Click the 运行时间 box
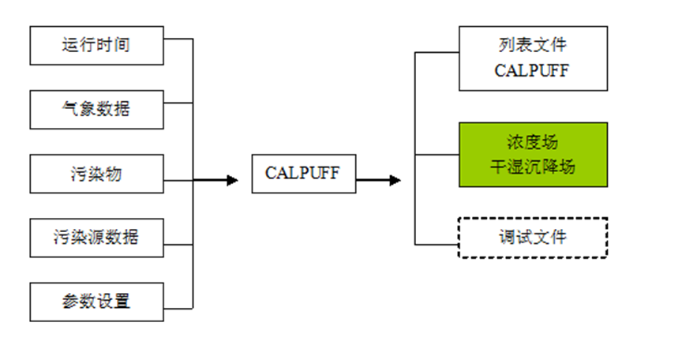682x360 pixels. click(x=96, y=46)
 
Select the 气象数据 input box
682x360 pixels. click(x=96, y=110)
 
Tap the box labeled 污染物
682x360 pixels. click(x=96, y=174)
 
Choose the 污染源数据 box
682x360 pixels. click(x=96, y=238)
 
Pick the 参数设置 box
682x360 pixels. click(x=96, y=302)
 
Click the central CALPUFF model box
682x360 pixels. click(x=303, y=174)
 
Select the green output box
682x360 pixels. click(x=533, y=155)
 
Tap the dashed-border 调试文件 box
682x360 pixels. click(x=533, y=238)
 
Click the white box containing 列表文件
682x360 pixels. click(x=533, y=58)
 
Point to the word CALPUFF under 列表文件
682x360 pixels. click(x=533, y=70)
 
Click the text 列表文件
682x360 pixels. click(x=533, y=45)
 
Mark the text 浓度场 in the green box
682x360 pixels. click(x=533, y=142)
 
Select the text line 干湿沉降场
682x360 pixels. click(x=533, y=167)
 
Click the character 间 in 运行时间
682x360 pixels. click(x=122, y=46)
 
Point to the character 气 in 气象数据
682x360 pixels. click(x=71, y=110)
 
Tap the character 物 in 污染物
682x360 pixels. click(x=113, y=174)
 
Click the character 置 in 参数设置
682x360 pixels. click(x=122, y=302)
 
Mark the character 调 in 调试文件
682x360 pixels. click(x=508, y=238)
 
